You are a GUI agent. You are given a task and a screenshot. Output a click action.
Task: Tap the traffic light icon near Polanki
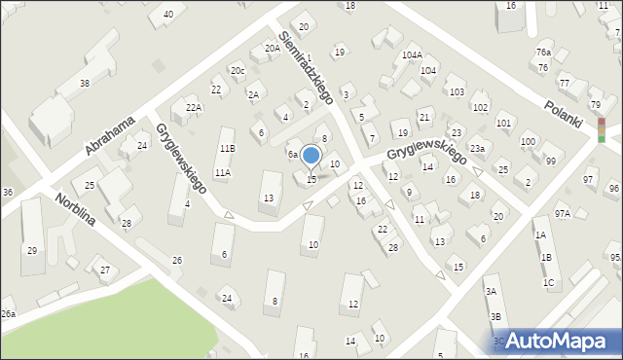pyautogui.click(x=602, y=130)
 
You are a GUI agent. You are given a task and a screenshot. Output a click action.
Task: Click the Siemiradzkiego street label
pyautogui.click(x=307, y=64)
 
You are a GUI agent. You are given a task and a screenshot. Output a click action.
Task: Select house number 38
pyautogui.click(x=85, y=84)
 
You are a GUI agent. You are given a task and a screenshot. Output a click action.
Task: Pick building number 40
pyautogui.click(x=168, y=14)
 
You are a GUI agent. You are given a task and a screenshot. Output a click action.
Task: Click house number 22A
pyautogui.click(x=193, y=108)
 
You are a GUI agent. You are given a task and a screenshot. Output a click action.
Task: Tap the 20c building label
pyautogui.click(x=238, y=71)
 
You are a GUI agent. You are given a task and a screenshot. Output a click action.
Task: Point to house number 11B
pyautogui.click(x=227, y=148)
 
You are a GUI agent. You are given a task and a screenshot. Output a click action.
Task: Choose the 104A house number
pyautogui.click(x=412, y=55)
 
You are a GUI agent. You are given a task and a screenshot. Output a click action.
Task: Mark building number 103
pyautogui.click(x=455, y=91)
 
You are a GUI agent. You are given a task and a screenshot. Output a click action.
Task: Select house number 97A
pyautogui.click(x=562, y=213)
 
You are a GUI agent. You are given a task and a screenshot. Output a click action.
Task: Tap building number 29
pyautogui.click(x=31, y=251)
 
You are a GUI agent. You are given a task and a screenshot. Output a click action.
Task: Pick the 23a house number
pyautogui.click(x=477, y=149)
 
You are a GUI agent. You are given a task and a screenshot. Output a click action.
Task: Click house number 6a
pyautogui.click(x=291, y=155)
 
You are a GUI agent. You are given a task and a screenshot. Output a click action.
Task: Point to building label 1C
pyautogui.click(x=549, y=283)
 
